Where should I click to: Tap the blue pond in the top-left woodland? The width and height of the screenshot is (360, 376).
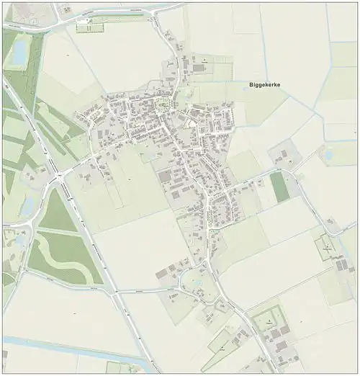coord(19,50)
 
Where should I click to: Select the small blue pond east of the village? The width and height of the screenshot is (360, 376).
coord(328,154)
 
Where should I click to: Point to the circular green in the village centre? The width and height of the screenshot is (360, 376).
coord(163,107)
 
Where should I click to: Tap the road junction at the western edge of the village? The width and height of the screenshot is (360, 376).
coord(59,174)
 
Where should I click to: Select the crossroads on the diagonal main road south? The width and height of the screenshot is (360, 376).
coord(115,292)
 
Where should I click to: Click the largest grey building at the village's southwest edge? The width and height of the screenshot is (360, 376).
coord(165,176)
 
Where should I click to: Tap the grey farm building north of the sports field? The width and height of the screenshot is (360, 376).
coord(283,156)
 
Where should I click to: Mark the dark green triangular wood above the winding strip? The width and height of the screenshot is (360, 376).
coord(56,211)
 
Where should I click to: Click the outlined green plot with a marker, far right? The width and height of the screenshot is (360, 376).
coord(327,249)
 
